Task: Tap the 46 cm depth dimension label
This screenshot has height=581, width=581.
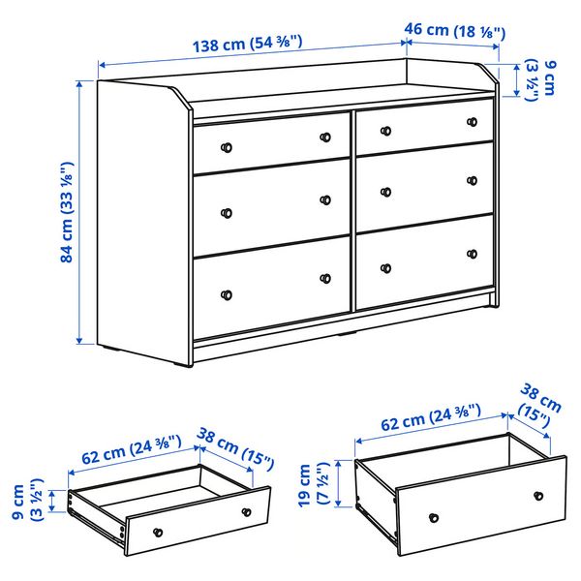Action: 454,31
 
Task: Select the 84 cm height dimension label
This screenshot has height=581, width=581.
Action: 67,212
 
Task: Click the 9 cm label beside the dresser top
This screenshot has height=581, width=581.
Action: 539,83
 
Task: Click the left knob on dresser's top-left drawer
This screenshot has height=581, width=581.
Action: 227,147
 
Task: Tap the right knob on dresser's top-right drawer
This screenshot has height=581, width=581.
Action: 473,122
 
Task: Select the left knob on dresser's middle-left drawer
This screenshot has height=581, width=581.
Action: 227,213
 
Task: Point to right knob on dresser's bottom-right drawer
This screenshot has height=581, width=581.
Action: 474,253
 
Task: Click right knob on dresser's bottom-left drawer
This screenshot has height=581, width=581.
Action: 325,278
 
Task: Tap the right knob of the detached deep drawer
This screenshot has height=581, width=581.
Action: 537,495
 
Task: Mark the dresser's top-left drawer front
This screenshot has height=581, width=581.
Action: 271,142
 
